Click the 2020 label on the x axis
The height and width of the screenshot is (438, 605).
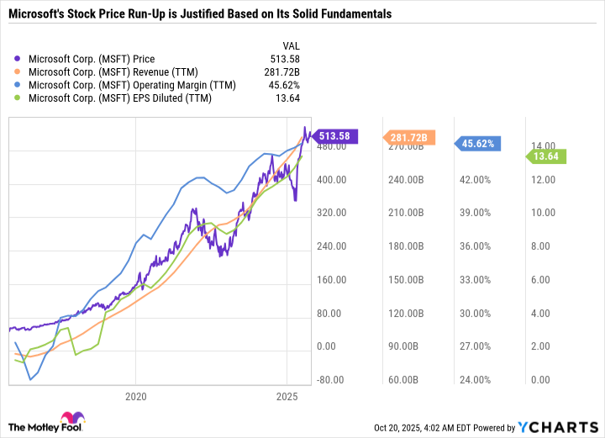(x=135, y=395)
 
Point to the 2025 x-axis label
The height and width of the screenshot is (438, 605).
(x=287, y=395)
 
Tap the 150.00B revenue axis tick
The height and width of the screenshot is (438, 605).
(x=404, y=279)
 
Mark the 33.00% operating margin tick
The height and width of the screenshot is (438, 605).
(x=475, y=279)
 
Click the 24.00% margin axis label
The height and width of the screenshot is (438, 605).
(x=475, y=379)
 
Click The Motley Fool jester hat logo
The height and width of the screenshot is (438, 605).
(x=71, y=420)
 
